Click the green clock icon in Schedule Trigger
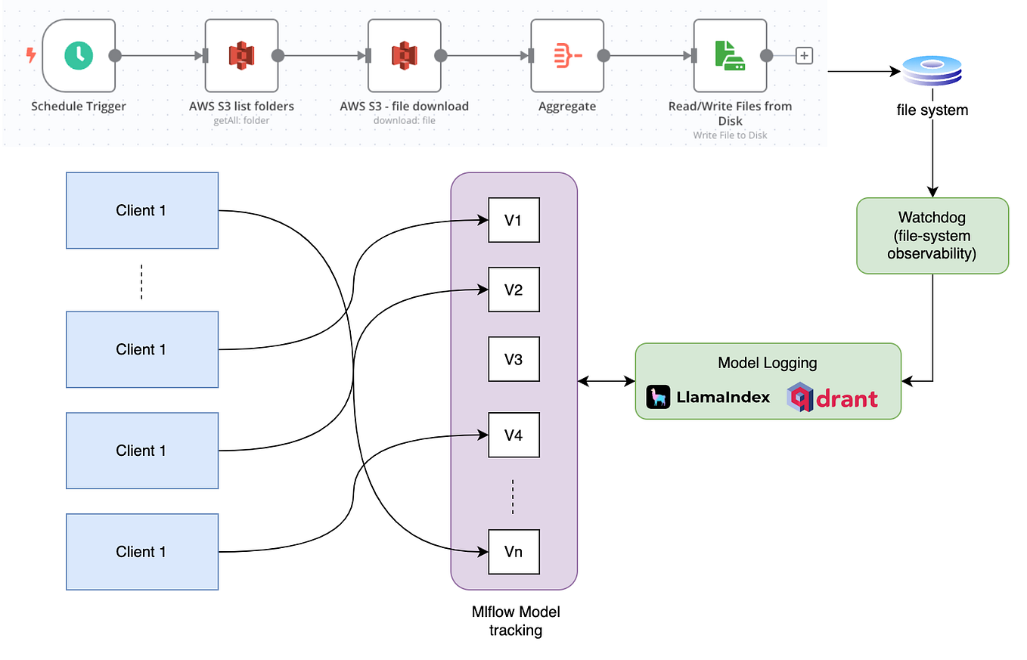tap(79, 55)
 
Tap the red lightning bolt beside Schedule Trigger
tap(31, 55)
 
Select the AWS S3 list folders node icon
tap(241, 55)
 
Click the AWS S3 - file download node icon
tap(404, 55)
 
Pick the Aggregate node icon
tap(567, 55)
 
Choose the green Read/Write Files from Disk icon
tap(730, 55)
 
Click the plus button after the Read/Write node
tap(804, 55)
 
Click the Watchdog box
tap(932, 236)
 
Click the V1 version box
tap(513, 220)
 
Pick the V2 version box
tap(513, 290)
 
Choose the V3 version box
tap(513, 359)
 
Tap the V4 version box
tap(513, 435)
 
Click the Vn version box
tap(513, 551)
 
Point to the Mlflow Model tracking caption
tap(515, 621)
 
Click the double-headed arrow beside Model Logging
tap(606, 382)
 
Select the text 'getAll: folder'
tap(241, 120)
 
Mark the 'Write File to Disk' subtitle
tap(730, 135)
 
